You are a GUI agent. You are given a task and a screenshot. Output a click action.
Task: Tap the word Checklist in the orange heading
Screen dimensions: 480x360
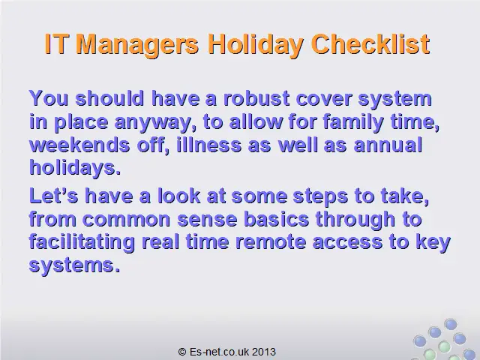pos(370,44)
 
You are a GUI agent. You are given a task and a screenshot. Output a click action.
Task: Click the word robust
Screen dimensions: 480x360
pos(256,98)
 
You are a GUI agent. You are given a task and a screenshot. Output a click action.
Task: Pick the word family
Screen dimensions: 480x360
pos(353,122)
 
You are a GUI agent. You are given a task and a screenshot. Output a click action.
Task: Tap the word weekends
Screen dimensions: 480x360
pos(79,145)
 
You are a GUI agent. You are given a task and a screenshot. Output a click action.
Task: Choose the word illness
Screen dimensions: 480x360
pos(208,145)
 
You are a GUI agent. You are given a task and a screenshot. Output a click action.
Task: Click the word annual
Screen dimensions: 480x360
pos(388,145)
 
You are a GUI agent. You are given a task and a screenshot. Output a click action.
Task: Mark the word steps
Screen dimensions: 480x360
pos(320,196)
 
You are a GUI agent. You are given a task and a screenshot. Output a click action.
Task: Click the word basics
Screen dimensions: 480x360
pos(277,219)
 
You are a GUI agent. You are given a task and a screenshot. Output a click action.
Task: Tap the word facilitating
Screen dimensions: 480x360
pos(82,243)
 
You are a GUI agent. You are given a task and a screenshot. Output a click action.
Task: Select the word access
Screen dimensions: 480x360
pos(347,243)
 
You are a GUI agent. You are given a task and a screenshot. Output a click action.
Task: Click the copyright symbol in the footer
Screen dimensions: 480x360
pos(182,352)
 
